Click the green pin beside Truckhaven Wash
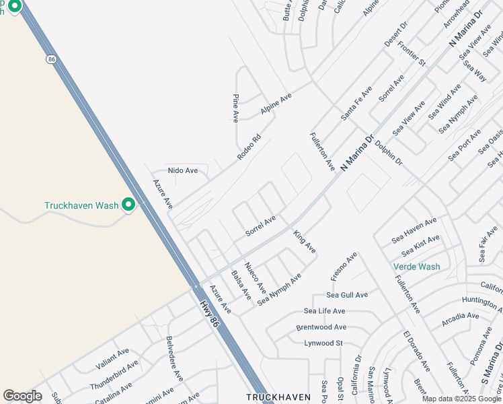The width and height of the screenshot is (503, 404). click(128, 205)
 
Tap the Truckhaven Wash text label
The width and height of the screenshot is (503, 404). click(81, 205)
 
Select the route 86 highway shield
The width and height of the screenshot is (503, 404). click(51, 60)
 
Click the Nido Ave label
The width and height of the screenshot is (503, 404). click(183, 171)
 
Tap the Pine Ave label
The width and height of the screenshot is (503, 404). click(236, 108)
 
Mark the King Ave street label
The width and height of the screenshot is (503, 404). click(304, 242)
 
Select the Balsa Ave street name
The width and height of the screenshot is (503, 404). click(241, 285)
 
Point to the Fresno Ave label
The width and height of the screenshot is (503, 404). click(343, 267)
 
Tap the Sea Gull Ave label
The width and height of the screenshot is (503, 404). click(347, 295)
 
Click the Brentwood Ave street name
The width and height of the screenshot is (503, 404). click(321, 327)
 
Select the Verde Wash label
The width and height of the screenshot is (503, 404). click(416, 267)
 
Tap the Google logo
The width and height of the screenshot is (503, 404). click(22, 396)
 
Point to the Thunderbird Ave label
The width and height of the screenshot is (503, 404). click(114, 375)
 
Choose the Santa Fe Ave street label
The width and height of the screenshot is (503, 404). click(356, 103)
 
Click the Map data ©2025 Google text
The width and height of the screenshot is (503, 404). click(461, 399)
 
